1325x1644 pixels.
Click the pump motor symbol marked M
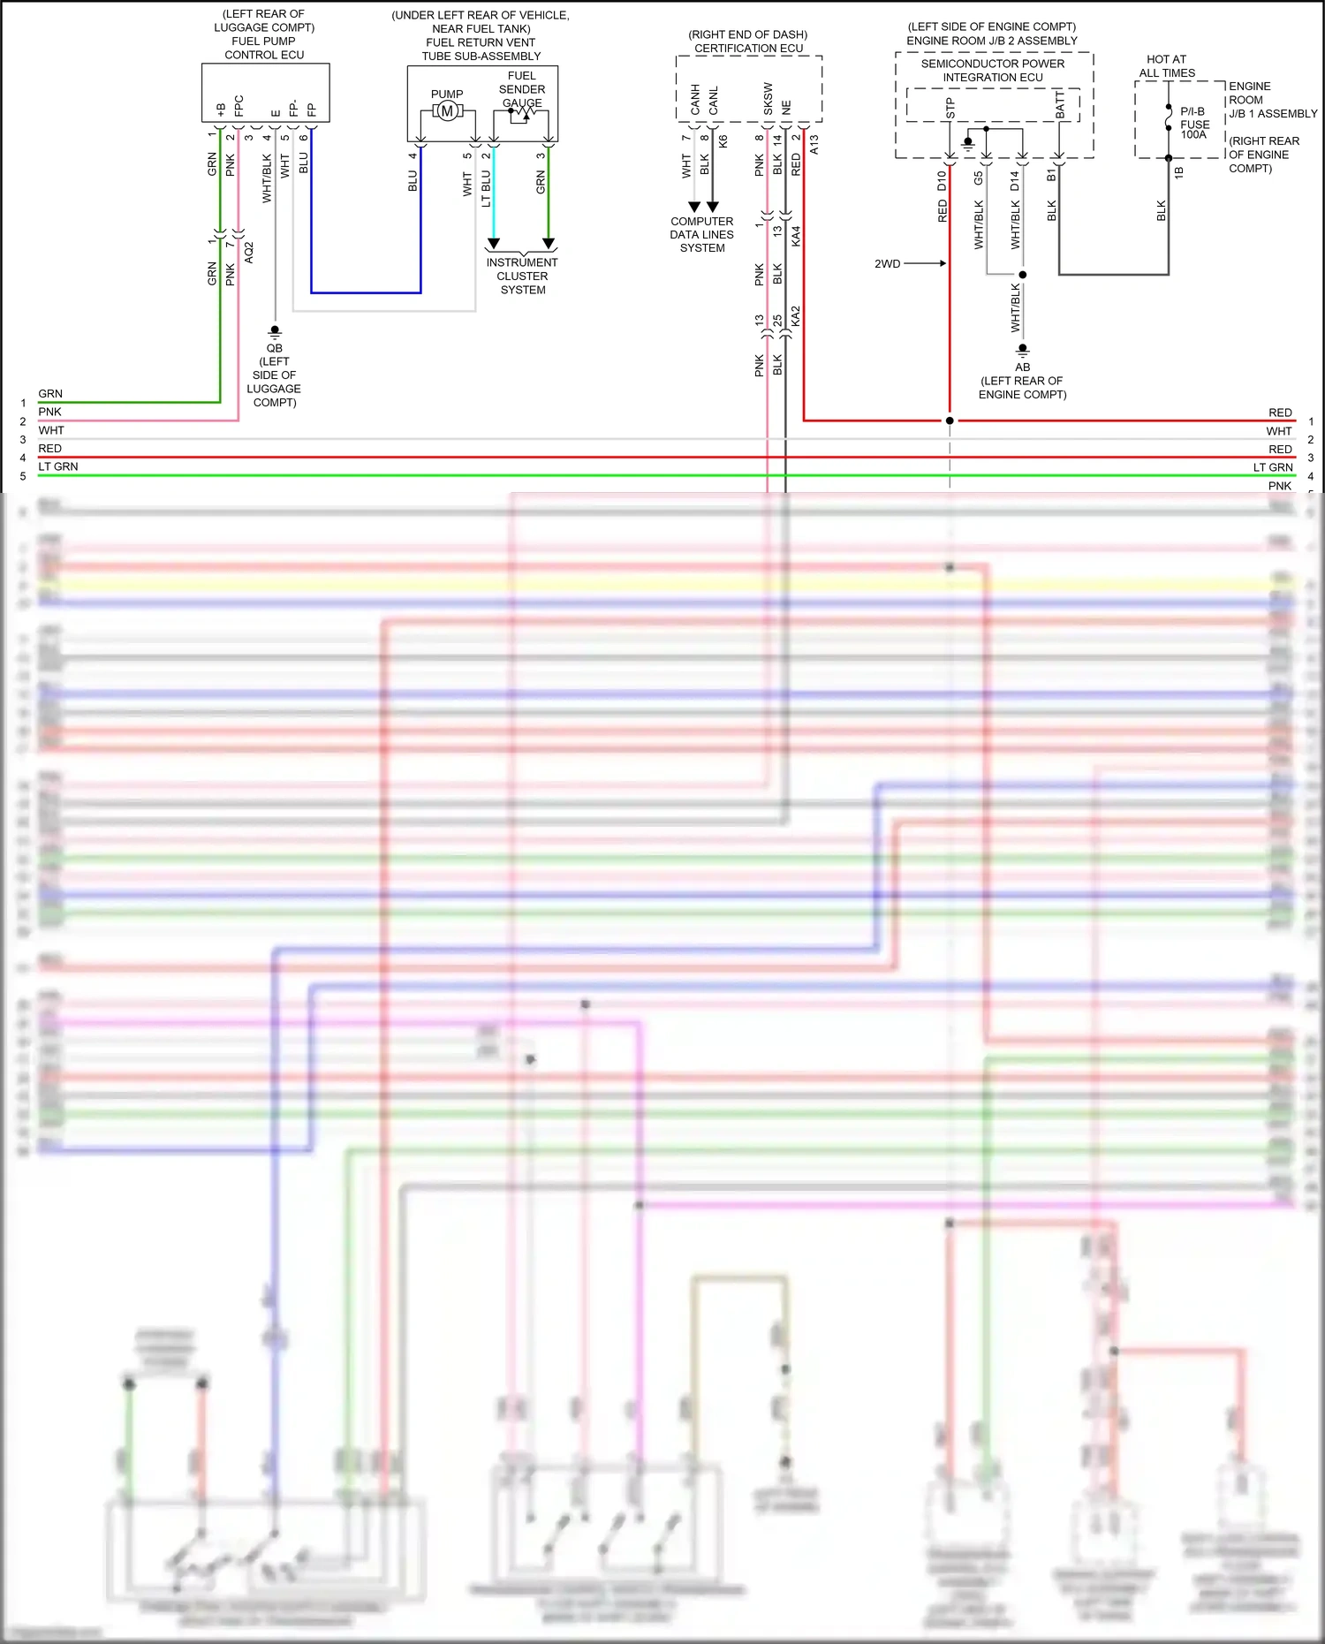click(447, 111)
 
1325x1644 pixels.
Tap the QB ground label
click(275, 348)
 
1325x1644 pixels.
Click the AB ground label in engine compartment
click(1022, 367)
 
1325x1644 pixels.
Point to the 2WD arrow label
click(888, 264)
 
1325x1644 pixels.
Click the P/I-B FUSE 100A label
click(1193, 123)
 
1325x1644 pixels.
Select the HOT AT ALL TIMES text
click(1166, 66)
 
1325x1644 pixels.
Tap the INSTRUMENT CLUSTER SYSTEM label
click(522, 276)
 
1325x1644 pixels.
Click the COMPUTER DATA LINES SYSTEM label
click(701, 235)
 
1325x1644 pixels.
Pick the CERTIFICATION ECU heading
click(748, 49)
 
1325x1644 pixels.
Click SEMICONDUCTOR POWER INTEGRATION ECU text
click(993, 71)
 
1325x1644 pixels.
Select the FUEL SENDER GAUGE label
click(522, 89)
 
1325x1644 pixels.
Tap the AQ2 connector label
click(249, 253)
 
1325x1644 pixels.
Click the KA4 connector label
click(796, 236)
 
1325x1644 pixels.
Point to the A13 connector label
click(814, 144)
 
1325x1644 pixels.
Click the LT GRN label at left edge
click(58, 466)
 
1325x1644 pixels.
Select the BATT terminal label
click(1060, 105)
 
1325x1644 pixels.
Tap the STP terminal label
click(950, 109)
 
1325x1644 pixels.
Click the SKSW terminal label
click(768, 99)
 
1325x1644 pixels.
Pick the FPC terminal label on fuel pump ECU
click(238, 106)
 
